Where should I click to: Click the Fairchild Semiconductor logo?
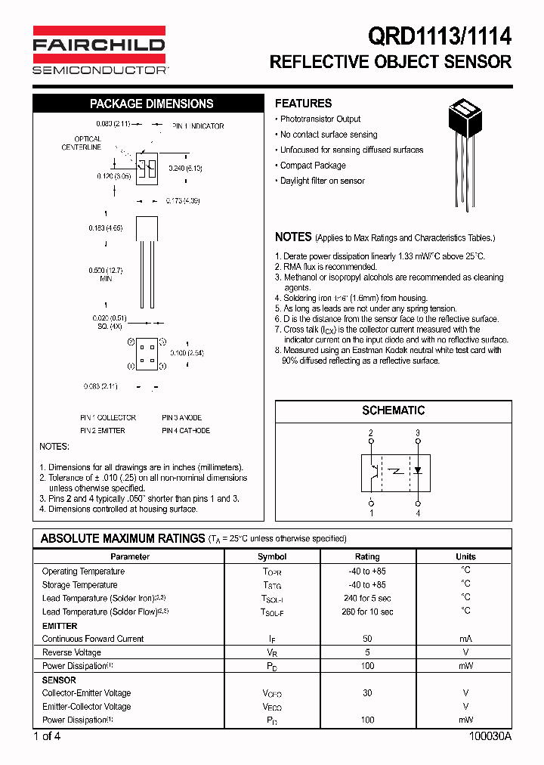coord(99,50)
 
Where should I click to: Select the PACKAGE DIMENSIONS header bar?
coord(151,104)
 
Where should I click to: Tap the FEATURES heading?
coord(303,104)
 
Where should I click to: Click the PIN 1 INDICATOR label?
coord(198,126)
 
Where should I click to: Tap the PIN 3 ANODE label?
coord(181,417)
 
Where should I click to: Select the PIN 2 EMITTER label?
coord(103,430)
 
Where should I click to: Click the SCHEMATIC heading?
coord(393,410)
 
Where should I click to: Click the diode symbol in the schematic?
coord(417,470)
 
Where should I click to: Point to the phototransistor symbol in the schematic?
coord(372,470)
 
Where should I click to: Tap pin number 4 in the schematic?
coord(417,514)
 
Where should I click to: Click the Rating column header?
coord(367,556)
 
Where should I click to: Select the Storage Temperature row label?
coord(79,584)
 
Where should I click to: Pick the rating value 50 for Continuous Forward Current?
coord(367,639)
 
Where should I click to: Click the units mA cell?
coord(465,639)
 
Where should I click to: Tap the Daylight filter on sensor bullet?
coord(322,181)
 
